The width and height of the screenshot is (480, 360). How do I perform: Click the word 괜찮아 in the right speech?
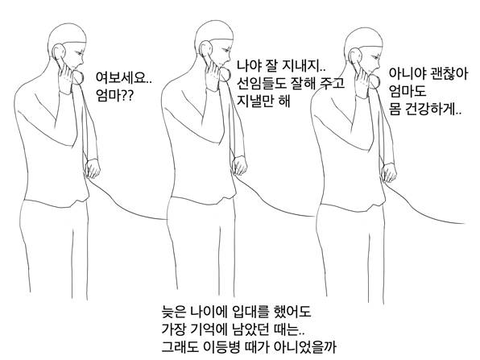[449, 74]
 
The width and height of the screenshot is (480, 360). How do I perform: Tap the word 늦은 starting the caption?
[173, 312]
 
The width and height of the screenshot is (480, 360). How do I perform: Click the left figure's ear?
[59, 52]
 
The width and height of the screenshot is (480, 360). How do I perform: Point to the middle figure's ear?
[205, 50]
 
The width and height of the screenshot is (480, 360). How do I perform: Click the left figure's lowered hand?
[93, 168]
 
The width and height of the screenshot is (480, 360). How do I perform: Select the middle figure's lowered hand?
[239, 166]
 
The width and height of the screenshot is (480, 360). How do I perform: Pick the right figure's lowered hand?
[389, 172]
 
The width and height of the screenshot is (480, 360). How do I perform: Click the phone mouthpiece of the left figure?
[78, 77]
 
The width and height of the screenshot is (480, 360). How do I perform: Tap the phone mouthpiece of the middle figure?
[225, 75]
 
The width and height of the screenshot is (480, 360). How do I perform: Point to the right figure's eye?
[375, 57]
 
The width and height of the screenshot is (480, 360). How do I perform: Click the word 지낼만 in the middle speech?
[256, 101]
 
